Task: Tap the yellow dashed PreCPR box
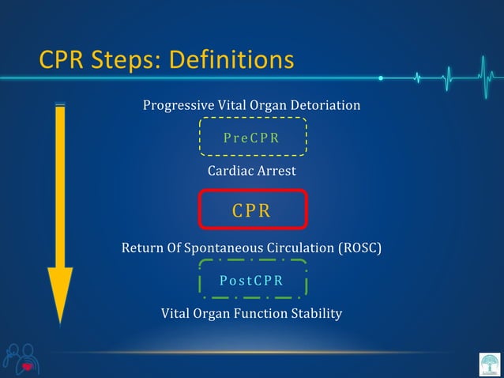point(252,137)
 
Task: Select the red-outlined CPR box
point(252,210)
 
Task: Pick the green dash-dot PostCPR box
point(252,281)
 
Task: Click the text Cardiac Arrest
point(251,171)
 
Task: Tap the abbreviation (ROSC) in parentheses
point(359,248)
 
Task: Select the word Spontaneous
point(216,248)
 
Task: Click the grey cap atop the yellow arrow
point(60,104)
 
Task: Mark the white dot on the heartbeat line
point(381,78)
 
